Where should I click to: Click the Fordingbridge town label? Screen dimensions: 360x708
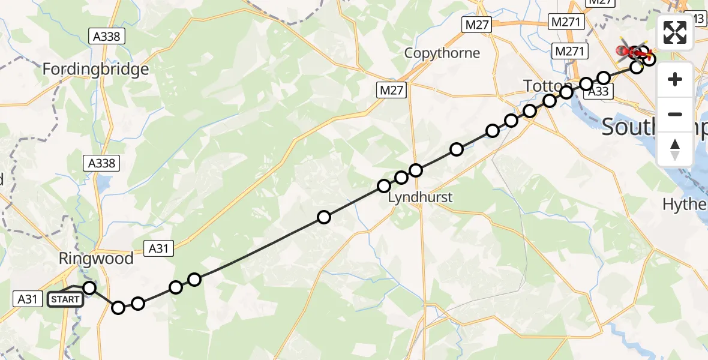(95, 70)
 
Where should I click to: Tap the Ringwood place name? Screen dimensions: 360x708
(95, 259)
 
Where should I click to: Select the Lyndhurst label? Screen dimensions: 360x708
(420, 197)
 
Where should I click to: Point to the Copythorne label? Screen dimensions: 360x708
(442, 53)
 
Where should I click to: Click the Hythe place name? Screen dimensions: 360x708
(685, 205)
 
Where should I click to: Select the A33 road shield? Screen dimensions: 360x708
(598, 92)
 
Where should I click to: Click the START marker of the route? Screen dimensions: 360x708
(65, 299)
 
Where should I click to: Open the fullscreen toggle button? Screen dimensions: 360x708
(675, 32)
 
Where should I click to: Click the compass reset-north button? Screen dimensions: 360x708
(675, 149)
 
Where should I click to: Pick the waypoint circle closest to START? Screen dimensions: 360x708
(89, 288)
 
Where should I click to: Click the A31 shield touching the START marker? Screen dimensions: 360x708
(28, 298)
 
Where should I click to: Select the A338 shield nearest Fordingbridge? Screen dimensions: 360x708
(107, 37)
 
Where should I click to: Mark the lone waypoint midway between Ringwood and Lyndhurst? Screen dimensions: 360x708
(324, 217)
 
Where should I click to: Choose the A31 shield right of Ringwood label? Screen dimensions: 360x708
(158, 247)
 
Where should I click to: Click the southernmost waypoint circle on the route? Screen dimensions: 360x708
(118, 308)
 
